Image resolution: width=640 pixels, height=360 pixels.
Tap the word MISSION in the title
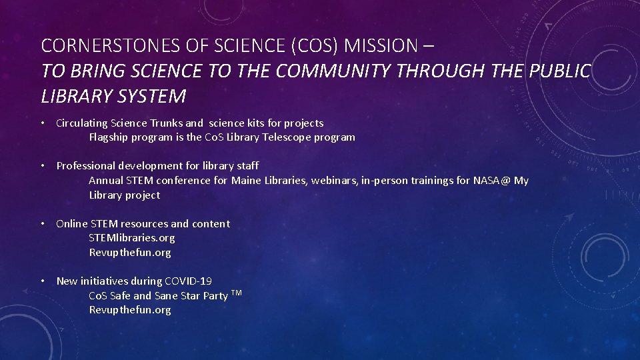(380, 46)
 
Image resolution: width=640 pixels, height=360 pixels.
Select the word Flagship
(109, 137)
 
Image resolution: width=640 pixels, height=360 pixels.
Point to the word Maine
(246, 181)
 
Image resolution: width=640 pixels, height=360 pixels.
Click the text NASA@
(492, 181)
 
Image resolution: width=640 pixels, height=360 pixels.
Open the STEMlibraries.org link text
(132, 238)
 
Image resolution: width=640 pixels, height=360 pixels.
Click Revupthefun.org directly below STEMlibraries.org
(130, 253)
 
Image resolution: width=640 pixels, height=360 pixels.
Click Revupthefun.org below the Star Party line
(130, 310)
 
